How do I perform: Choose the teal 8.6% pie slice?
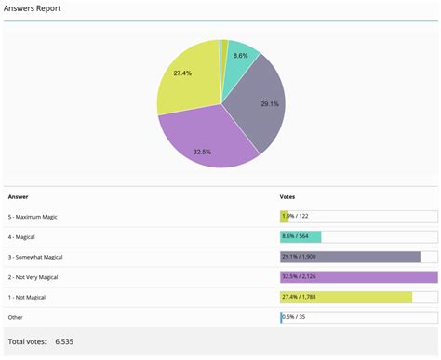pos(239,59)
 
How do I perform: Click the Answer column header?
pos(18,196)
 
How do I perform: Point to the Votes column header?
pos(288,196)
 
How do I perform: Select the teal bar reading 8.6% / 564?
pos(301,236)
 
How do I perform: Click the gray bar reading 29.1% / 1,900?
pos(350,257)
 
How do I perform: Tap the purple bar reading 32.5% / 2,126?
pos(358,276)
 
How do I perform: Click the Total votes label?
pos(27,341)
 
